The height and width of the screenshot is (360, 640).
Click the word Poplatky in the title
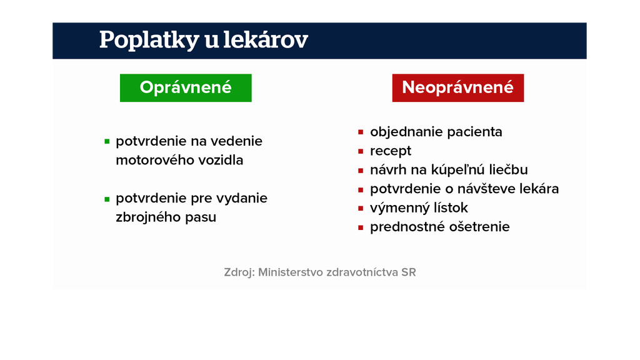pos(149,41)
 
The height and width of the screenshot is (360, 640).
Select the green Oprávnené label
pos(186,87)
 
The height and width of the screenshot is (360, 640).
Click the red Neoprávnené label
pos(458,87)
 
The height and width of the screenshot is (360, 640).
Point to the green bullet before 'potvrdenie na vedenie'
pos(107,142)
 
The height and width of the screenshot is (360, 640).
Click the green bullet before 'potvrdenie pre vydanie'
pos(107,199)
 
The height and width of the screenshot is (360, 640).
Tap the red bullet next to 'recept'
pos(361,151)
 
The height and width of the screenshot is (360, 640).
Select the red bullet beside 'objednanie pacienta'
pos(361,132)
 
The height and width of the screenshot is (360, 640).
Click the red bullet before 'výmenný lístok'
pos(361,209)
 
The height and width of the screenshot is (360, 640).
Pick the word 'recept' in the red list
pos(391,151)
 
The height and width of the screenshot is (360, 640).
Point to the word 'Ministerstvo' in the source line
pos(291,272)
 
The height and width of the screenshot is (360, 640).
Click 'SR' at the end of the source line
pos(409,272)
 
